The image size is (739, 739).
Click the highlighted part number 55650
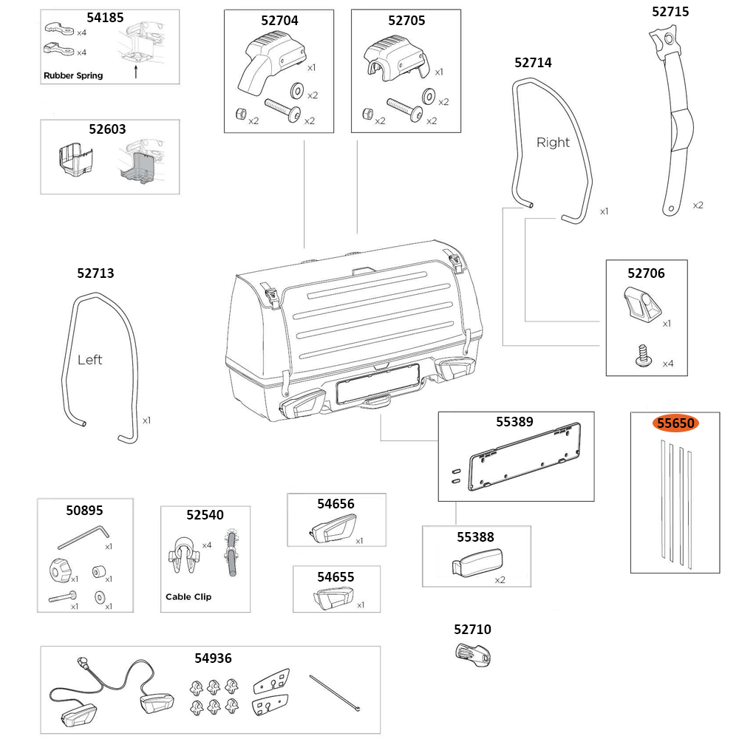click(x=675, y=423)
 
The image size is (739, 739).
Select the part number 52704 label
click(x=279, y=21)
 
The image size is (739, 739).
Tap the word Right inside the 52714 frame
click(x=553, y=143)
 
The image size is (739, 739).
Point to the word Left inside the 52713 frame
click(x=89, y=360)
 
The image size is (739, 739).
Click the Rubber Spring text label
click(x=73, y=75)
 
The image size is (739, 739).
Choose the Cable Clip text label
click(x=188, y=596)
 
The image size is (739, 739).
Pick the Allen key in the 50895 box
click(x=83, y=537)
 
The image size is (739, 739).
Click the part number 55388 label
click(x=475, y=537)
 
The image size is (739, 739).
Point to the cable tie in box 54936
click(x=336, y=692)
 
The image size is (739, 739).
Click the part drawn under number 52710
click(x=472, y=654)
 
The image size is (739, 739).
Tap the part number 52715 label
click(x=670, y=12)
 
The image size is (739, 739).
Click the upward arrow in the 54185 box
click(x=136, y=72)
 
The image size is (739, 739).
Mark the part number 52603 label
click(x=107, y=129)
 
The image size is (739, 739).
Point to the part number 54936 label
click(x=213, y=658)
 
